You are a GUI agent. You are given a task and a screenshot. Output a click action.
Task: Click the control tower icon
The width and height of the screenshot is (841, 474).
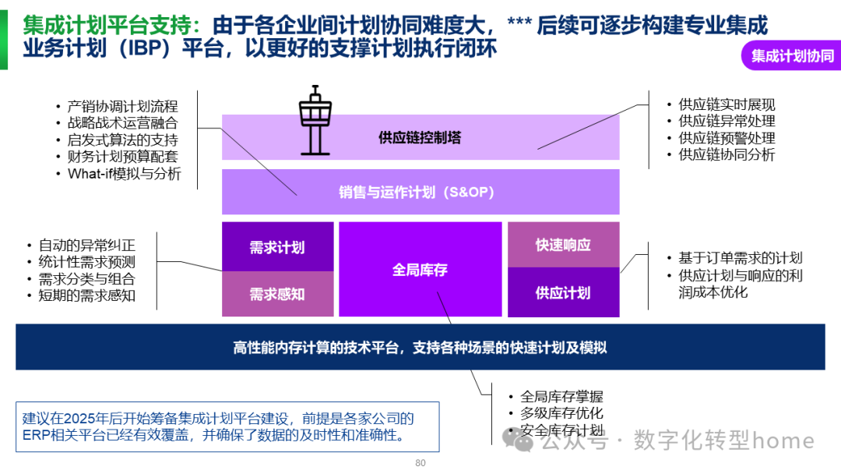pyautogui.click(x=315, y=118)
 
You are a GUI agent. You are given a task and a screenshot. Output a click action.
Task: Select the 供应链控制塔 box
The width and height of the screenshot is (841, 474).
pyautogui.click(x=420, y=138)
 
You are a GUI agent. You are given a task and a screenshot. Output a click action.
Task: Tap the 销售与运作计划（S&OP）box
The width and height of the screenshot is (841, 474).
pyautogui.click(x=420, y=192)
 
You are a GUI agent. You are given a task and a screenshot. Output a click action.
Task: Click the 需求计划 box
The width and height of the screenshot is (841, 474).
pyautogui.click(x=277, y=247)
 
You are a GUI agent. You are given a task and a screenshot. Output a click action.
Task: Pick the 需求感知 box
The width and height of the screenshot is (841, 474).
pyautogui.click(x=277, y=294)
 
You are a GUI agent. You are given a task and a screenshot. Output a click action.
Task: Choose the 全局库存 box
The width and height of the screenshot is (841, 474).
pyautogui.click(x=420, y=270)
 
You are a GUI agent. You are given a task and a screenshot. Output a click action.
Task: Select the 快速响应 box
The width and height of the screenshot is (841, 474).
pyautogui.click(x=563, y=245)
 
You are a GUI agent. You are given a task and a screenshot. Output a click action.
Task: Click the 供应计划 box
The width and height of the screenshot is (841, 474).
pyautogui.click(x=563, y=293)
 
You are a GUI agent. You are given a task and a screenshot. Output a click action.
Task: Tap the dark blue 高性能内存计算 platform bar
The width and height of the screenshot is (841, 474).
pyautogui.click(x=420, y=348)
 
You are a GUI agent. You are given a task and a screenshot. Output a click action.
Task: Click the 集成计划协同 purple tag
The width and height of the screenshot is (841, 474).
pyautogui.click(x=792, y=56)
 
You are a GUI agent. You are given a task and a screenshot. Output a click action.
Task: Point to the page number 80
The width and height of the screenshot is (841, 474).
pyautogui.click(x=420, y=463)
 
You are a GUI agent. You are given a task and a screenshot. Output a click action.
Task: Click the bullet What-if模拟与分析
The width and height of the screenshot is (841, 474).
pyautogui.click(x=124, y=174)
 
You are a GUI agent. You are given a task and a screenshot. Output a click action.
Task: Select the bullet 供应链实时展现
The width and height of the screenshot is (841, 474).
pyautogui.click(x=727, y=104)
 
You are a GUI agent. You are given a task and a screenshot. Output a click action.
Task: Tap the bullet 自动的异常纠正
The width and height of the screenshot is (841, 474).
pyautogui.click(x=86, y=245)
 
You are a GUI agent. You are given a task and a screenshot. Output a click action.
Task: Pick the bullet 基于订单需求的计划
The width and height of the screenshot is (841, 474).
pyautogui.click(x=740, y=258)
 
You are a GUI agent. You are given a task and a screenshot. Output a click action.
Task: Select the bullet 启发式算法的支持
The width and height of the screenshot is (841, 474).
pyautogui.click(x=122, y=140)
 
